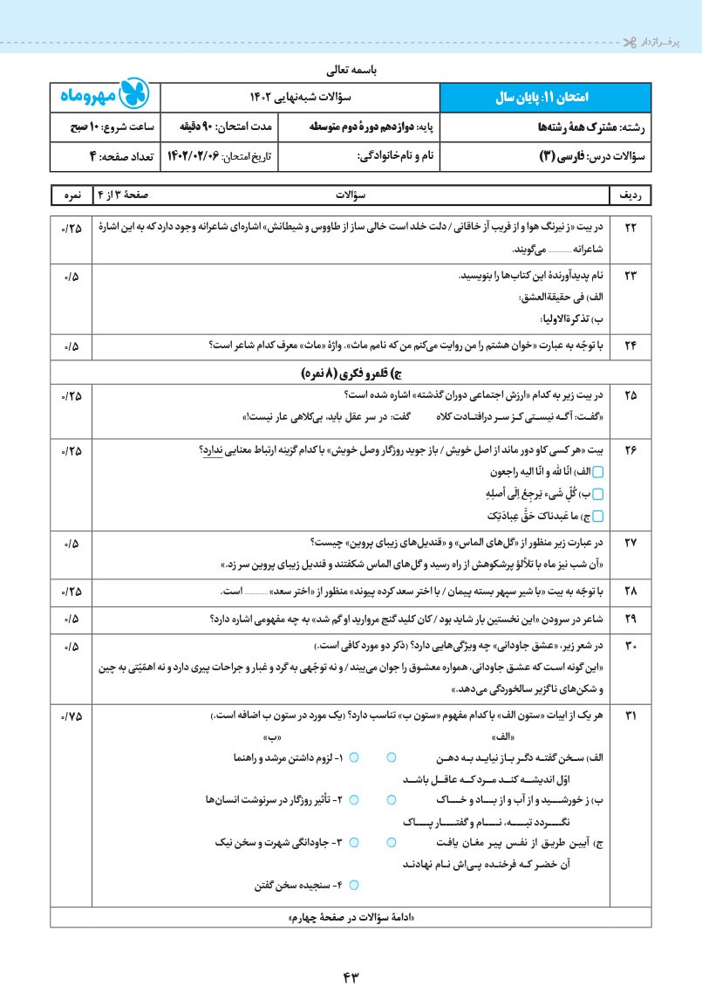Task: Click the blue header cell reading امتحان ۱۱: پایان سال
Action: coord(544,96)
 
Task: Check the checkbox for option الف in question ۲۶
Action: coord(598,471)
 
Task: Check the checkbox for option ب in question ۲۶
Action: coord(598,493)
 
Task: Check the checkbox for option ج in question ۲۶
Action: coord(598,516)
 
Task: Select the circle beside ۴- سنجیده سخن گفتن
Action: coord(354,885)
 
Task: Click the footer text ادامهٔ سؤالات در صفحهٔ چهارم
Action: coord(351,920)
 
